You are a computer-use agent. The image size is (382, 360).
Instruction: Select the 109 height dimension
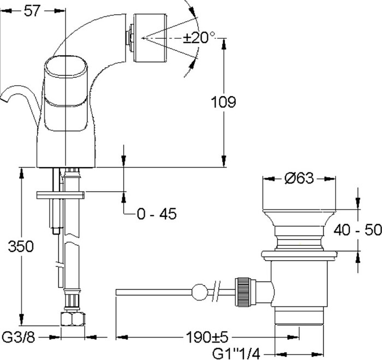223,102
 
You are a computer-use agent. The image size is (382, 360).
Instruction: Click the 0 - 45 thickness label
157,214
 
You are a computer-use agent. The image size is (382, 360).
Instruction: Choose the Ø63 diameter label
299,178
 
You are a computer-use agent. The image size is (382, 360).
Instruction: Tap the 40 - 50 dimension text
357,230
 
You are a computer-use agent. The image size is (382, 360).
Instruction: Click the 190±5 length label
207,337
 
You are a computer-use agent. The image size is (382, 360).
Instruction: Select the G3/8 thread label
18,338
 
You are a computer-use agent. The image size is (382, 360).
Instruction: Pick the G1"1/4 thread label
236,353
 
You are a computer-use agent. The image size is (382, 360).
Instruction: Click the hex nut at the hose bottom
73,319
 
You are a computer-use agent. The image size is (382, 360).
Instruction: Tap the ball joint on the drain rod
200,292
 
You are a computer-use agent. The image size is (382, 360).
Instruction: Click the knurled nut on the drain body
243,292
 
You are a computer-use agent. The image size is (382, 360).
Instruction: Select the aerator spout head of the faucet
150,38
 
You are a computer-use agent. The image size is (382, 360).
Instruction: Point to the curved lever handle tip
3,98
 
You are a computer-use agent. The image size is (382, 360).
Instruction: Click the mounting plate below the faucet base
61,195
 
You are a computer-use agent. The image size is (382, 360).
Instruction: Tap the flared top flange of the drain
299,218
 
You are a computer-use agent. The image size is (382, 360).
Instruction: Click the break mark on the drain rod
217,291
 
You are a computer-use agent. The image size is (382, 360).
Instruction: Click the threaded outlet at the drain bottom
299,316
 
